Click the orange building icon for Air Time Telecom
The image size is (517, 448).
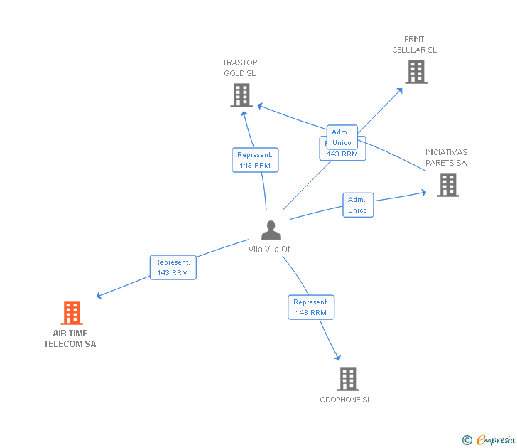[x=71, y=312]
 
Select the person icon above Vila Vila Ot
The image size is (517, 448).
[x=271, y=230]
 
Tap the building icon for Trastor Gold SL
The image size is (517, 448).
[x=241, y=95]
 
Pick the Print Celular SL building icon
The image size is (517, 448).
[x=415, y=71]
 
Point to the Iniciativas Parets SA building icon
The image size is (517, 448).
[x=447, y=184]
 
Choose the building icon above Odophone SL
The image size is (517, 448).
[x=347, y=378]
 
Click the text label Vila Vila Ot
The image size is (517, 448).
[x=269, y=250]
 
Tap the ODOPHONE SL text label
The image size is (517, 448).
[x=345, y=400]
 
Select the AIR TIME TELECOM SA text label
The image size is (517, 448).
[x=70, y=338]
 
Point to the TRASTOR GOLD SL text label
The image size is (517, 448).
[x=240, y=68]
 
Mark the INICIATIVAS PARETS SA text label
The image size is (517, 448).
[x=446, y=157]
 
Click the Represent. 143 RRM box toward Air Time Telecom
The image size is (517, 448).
[x=173, y=267]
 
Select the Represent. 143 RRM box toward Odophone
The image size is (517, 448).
[x=311, y=307]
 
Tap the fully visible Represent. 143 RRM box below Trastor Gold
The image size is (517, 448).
[x=255, y=160]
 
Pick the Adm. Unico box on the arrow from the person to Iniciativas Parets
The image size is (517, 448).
[x=357, y=205]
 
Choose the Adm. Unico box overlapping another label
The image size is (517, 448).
[x=341, y=137]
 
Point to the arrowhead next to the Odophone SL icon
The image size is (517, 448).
[x=338, y=358]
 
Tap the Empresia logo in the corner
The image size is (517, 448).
[x=489, y=440]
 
